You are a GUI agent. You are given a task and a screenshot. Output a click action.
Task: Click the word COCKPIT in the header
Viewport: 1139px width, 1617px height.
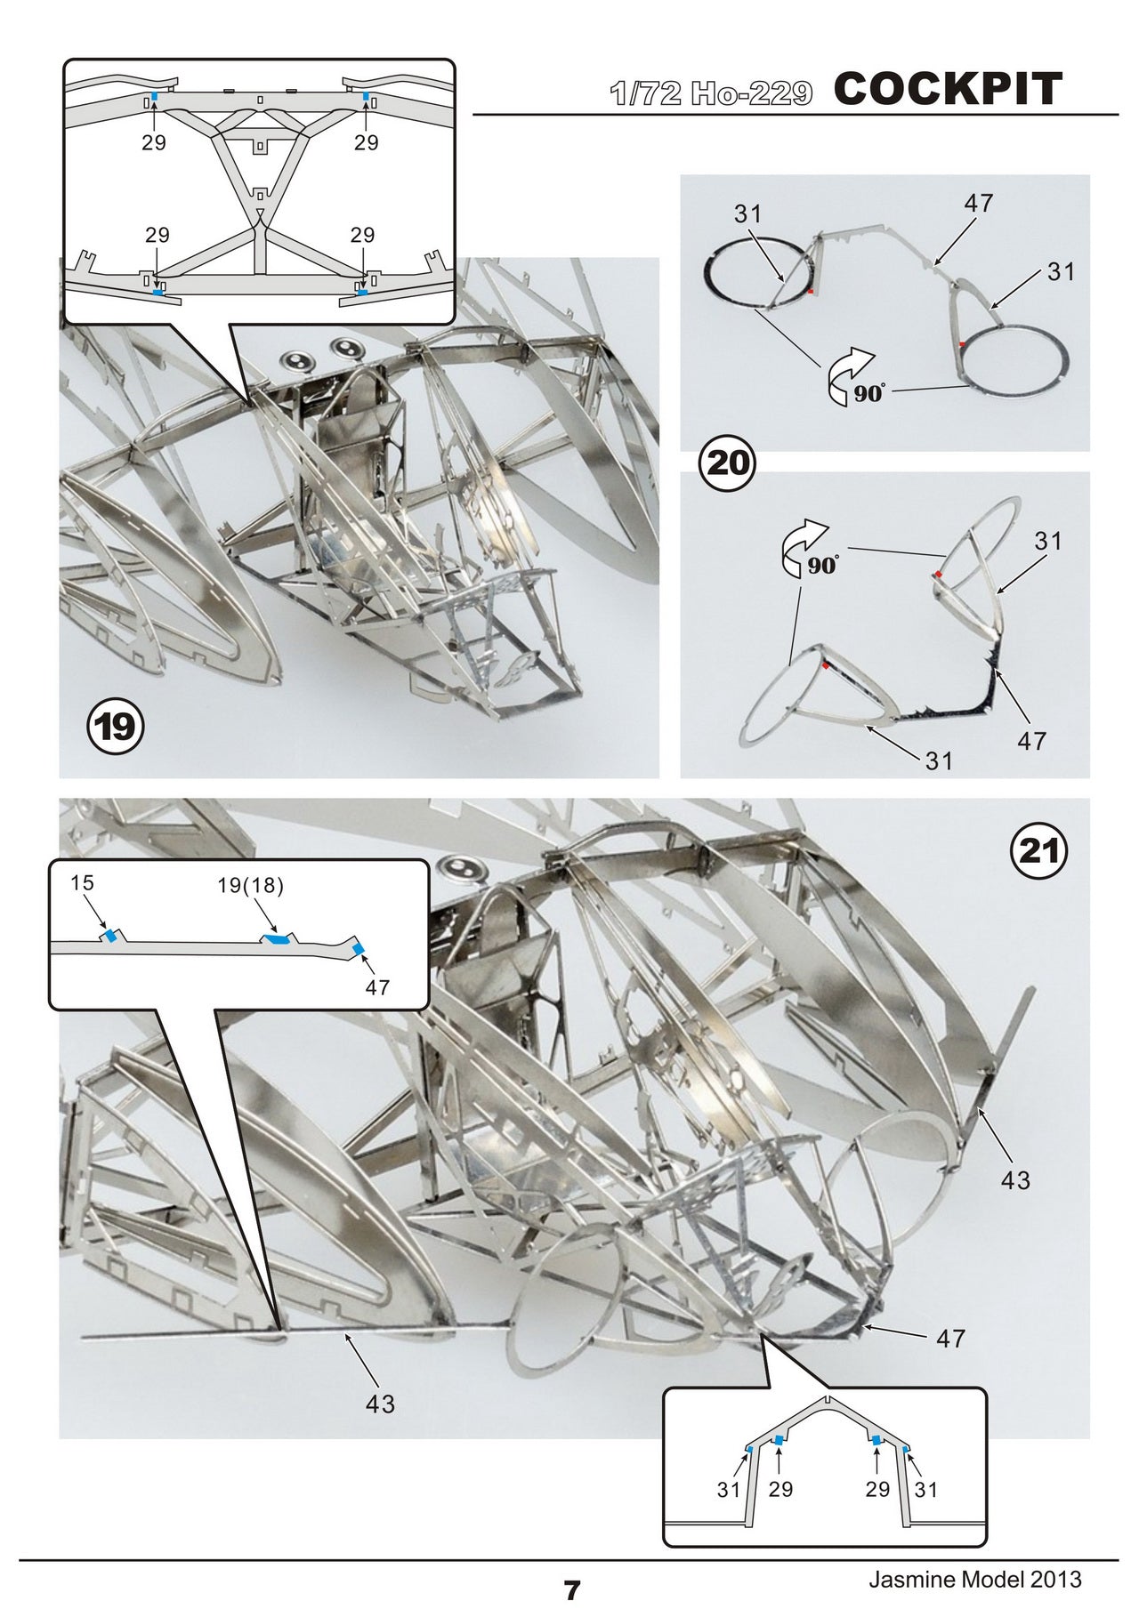coord(949,89)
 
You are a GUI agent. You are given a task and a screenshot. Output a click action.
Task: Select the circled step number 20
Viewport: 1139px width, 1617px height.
coord(728,462)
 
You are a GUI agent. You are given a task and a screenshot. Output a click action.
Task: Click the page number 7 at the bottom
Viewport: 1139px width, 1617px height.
coord(571,1590)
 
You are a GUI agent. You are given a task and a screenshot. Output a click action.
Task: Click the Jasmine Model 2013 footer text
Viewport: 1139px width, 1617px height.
coord(975,1579)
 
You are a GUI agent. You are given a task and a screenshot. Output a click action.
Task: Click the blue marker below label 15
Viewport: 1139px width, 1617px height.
coord(110,937)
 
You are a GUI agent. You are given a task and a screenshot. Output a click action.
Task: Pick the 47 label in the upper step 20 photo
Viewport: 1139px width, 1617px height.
coord(978,203)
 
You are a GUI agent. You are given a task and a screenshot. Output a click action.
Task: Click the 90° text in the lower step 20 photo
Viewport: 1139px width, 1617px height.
coord(823,565)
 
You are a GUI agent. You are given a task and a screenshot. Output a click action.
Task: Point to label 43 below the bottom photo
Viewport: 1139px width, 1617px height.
coord(380,1404)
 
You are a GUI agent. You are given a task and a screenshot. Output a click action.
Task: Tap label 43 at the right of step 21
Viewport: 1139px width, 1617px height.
coord(1015,1180)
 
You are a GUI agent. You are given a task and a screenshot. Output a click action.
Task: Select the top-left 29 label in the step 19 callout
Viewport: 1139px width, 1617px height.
coord(154,142)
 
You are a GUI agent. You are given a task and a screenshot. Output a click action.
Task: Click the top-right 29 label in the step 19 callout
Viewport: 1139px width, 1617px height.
coord(367,142)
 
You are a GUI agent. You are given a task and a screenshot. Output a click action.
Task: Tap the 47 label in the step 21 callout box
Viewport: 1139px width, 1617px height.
coord(377,987)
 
